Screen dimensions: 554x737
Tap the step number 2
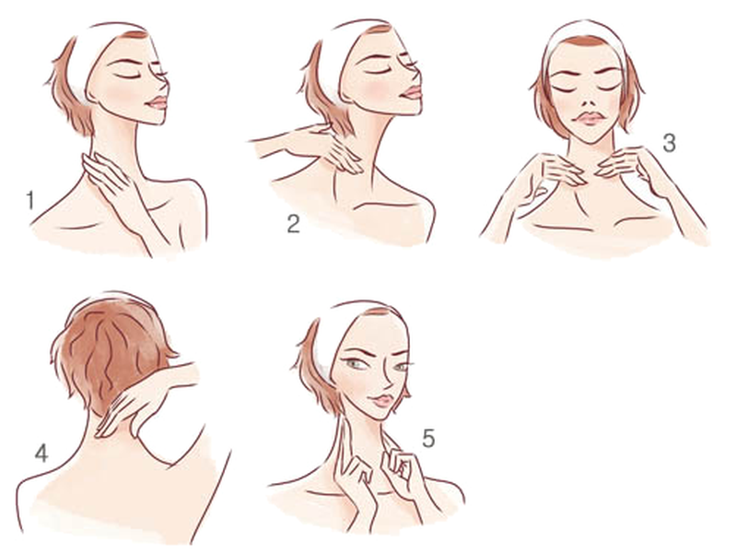pos(293,222)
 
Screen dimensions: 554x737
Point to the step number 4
pos(41,453)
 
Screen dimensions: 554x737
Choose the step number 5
pos(428,437)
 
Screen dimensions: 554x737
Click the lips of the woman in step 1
pos(158,100)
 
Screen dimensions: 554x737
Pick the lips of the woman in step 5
pos(379,399)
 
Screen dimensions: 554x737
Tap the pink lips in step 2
pos(412,92)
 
